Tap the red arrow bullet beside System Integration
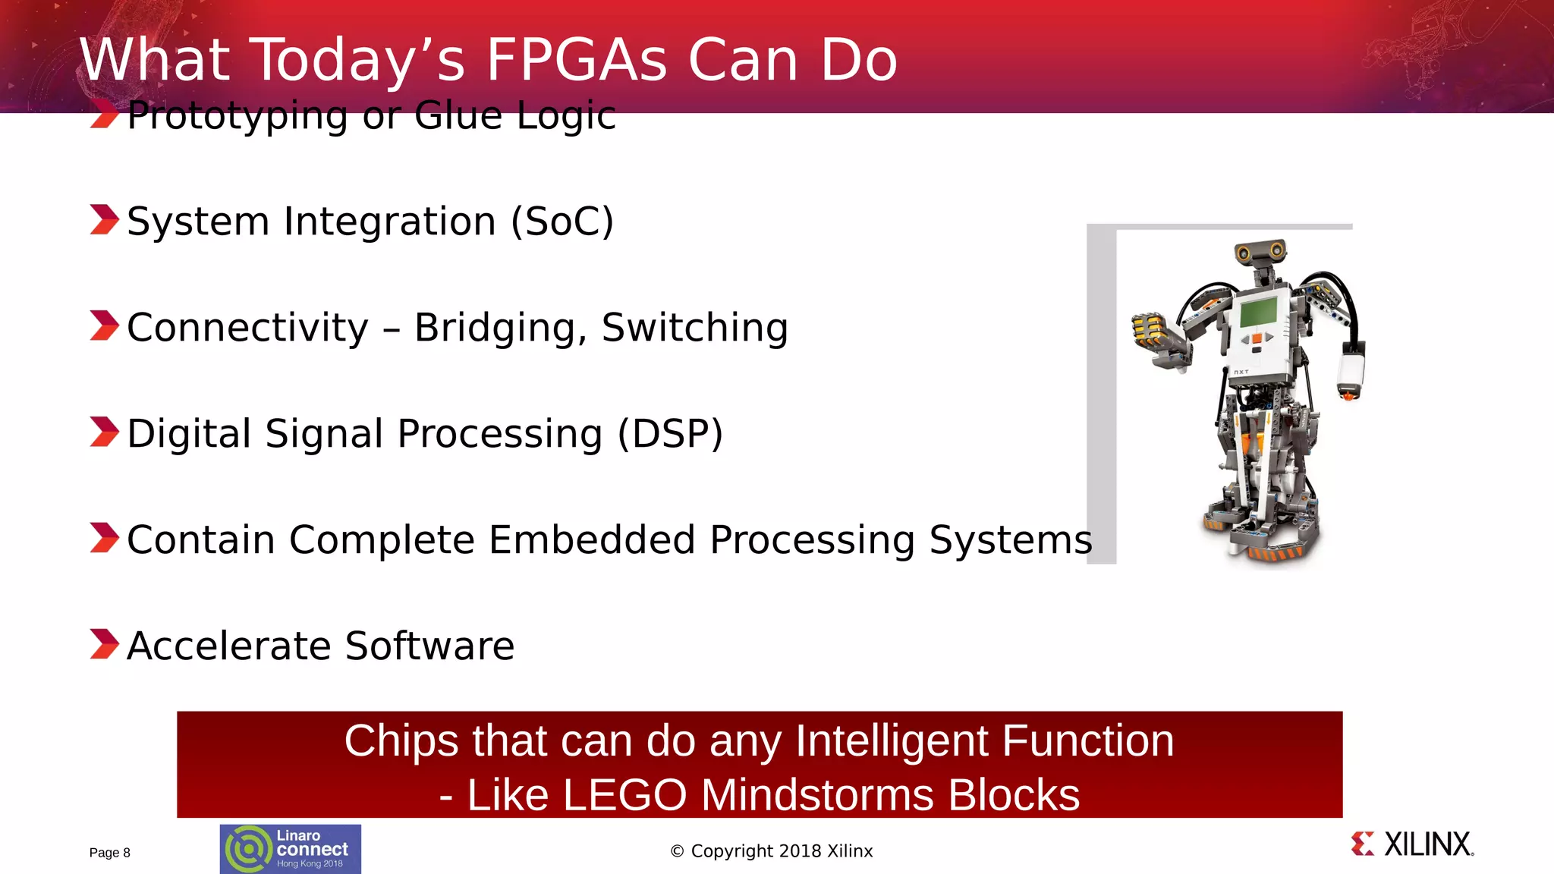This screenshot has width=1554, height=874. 104,220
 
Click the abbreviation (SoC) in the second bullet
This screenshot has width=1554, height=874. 562,222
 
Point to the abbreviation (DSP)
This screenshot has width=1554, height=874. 669,434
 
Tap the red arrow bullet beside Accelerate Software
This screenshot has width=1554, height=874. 104,644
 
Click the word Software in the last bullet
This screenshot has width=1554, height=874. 429,646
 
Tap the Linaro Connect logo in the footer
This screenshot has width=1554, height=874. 290,849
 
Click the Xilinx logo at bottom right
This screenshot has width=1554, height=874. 1412,844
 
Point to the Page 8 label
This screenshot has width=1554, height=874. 110,853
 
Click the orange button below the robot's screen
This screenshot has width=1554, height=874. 1257,338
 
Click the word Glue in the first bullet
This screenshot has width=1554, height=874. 458,116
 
